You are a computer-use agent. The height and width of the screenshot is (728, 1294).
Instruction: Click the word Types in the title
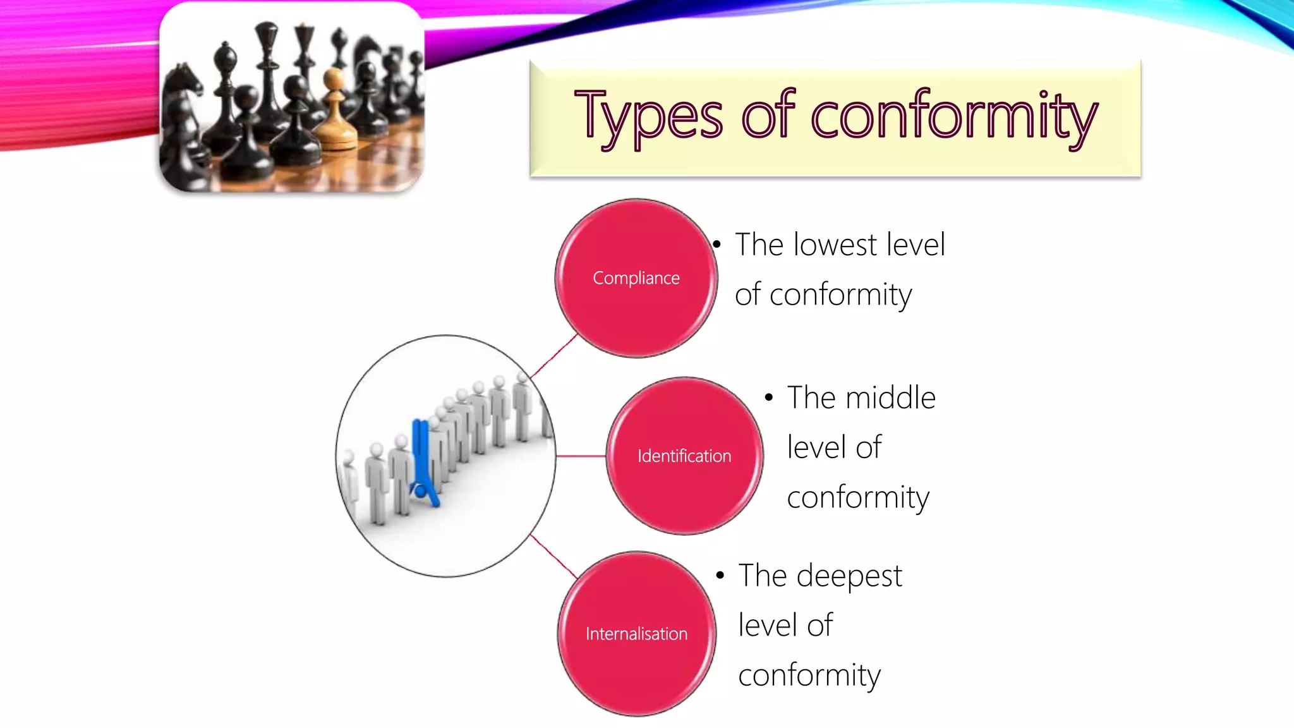[x=648, y=116]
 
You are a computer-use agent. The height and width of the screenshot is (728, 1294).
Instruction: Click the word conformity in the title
[x=954, y=116]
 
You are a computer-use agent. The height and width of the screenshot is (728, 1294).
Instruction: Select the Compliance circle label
[x=636, y=278]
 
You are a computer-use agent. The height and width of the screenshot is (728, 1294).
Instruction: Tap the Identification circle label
[x=684, y=456]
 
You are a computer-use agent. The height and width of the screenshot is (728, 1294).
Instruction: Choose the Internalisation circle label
[x=636, y=634]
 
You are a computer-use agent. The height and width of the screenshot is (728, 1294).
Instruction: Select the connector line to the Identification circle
[x=581, y=456]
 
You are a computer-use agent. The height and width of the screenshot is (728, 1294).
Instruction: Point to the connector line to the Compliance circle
[x=553, y=357]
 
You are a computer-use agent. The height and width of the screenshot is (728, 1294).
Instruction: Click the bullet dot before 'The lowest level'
[x=717, y=245]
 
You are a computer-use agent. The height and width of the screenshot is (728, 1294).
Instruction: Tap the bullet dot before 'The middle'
[x=769, y=398]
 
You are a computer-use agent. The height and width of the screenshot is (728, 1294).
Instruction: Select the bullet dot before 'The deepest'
[x=720, y=576]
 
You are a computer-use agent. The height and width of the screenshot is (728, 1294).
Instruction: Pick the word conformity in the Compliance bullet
[x=840, y=294]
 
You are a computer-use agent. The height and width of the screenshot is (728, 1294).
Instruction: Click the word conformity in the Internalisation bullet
[x=809, y=675]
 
